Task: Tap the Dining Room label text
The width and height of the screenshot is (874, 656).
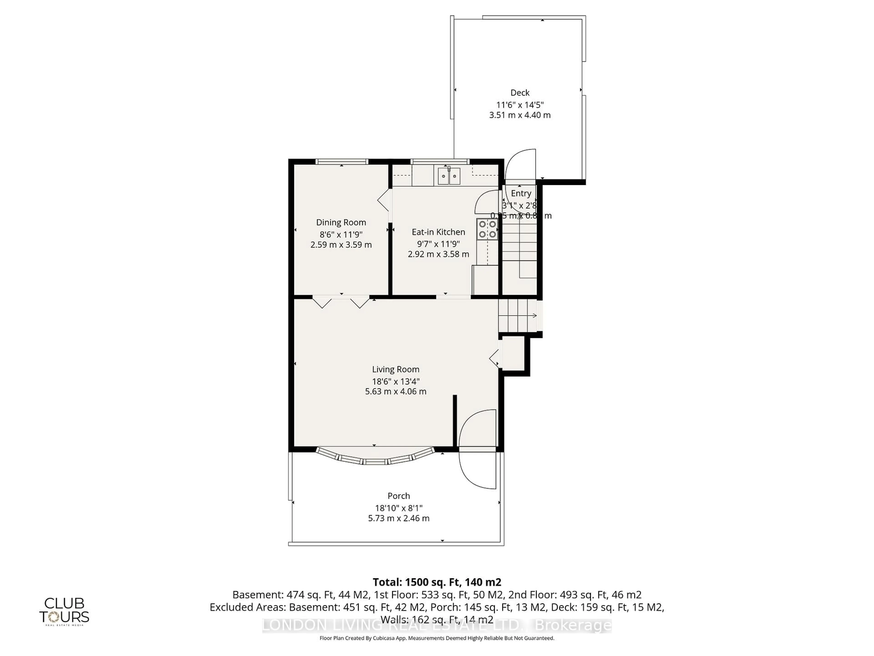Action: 341,222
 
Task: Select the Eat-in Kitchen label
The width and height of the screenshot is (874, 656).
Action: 438,232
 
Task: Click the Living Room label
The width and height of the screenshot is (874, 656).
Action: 396,369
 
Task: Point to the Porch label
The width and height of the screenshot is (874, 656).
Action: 399,496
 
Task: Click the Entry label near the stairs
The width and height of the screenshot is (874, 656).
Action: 521,193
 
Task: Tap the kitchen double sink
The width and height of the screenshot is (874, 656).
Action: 449,176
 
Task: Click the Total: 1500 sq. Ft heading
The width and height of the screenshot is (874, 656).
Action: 437,582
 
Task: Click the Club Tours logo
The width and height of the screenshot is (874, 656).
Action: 64,611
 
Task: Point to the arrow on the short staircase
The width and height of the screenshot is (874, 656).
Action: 534,315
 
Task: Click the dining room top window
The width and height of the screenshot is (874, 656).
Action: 342,161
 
